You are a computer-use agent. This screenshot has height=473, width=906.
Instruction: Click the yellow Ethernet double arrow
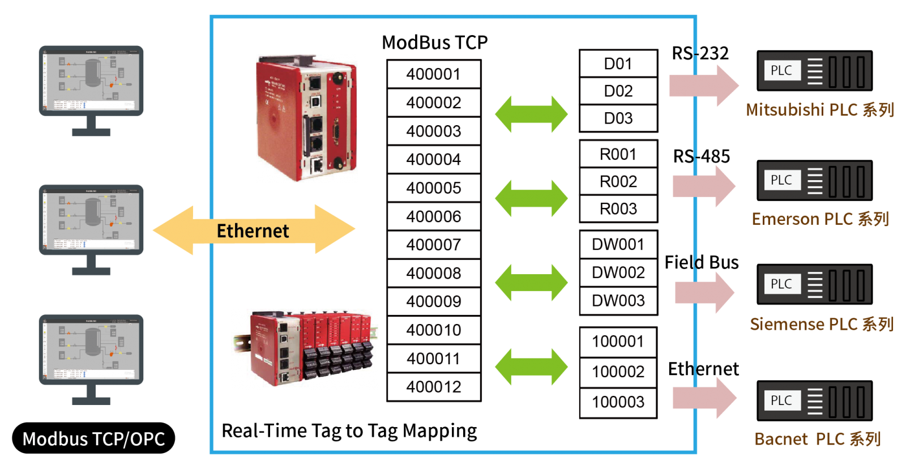254,230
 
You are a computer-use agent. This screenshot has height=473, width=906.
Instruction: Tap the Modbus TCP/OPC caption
93,439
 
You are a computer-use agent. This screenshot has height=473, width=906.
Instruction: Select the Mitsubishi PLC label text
819,110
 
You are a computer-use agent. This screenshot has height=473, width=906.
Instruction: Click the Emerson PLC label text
819,219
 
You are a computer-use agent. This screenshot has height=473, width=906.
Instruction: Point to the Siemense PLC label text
821,324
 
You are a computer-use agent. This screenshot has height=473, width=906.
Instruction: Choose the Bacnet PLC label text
817,439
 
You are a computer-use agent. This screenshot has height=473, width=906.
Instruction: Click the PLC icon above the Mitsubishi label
814,71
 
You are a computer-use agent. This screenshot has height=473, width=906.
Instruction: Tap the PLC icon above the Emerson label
814,181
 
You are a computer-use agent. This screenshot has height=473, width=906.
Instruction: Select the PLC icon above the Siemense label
814,284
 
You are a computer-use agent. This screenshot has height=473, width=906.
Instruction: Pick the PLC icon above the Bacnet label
814,401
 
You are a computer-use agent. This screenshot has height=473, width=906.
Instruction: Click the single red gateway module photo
307,118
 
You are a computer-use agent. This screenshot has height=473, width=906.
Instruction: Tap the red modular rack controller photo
305,349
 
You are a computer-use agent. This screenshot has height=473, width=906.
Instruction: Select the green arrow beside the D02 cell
531,114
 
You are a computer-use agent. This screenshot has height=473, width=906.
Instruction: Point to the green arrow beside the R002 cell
531,198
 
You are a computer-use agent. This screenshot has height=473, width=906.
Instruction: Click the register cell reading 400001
434,74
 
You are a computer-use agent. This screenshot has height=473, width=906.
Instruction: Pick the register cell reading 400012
434,387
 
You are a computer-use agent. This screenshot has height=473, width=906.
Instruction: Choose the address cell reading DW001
618,245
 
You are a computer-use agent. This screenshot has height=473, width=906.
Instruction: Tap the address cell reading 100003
618,402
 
